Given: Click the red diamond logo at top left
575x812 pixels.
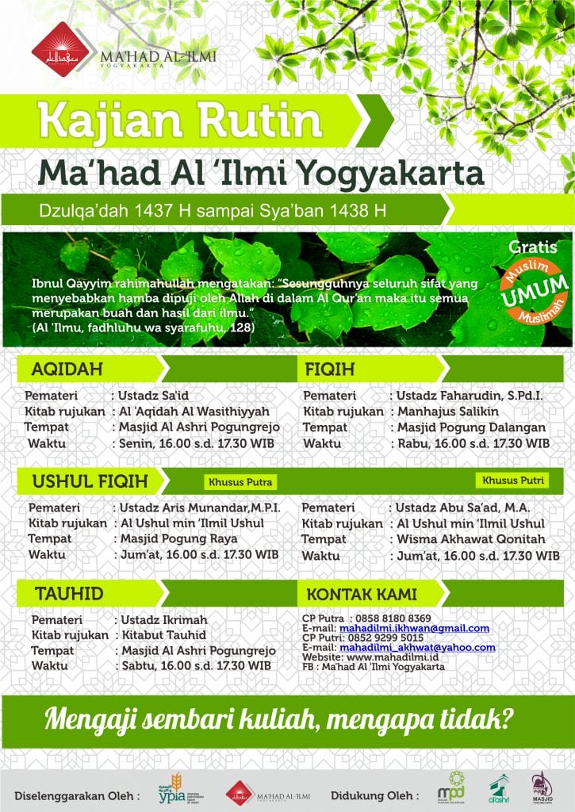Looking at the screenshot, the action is (56, 46).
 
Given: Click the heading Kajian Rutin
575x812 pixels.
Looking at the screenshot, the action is (180, 121).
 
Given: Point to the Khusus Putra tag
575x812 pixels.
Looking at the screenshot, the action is (240, 481).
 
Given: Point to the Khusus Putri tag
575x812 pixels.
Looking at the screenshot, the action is (512, 481).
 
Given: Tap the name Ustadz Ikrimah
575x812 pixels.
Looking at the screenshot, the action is (163, 619).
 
